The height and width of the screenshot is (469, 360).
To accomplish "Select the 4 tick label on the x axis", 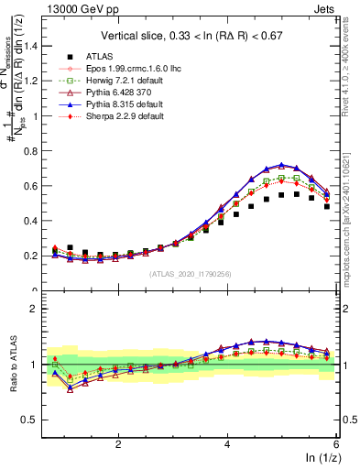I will [x=227, y=442].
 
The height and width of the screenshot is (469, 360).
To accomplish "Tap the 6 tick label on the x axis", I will [x=335, y=442].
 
